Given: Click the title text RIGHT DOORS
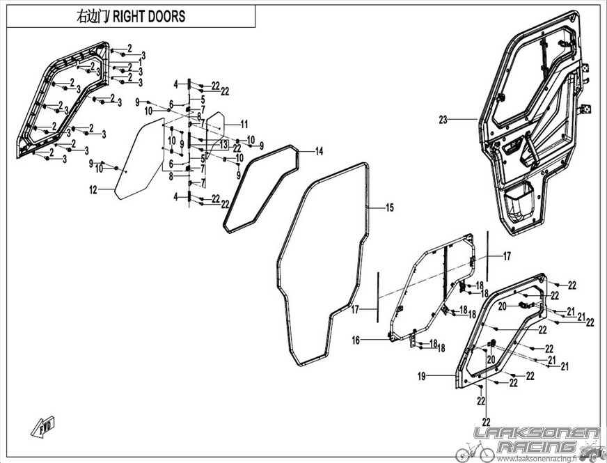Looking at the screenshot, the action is (149, 16).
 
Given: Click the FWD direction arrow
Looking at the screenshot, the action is (43, 427).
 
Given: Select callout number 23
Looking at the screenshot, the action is (443, 120).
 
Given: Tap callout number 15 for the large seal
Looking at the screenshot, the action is (389, 208).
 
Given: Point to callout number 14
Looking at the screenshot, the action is (319, 151).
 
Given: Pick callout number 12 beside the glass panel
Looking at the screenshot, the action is (93, 189).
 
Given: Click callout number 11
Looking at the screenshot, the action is (244, 124).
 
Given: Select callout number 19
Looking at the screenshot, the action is (422, 375).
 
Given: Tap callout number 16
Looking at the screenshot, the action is (356, 340).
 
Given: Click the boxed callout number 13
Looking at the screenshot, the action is (223, 145).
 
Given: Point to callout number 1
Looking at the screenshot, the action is (141, 63).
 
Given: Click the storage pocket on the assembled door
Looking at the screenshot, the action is (519, 204).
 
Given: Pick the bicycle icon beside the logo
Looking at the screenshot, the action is (475, 451).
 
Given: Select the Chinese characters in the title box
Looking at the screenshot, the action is (92, 17).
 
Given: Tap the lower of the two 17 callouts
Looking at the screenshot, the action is (355, 310).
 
